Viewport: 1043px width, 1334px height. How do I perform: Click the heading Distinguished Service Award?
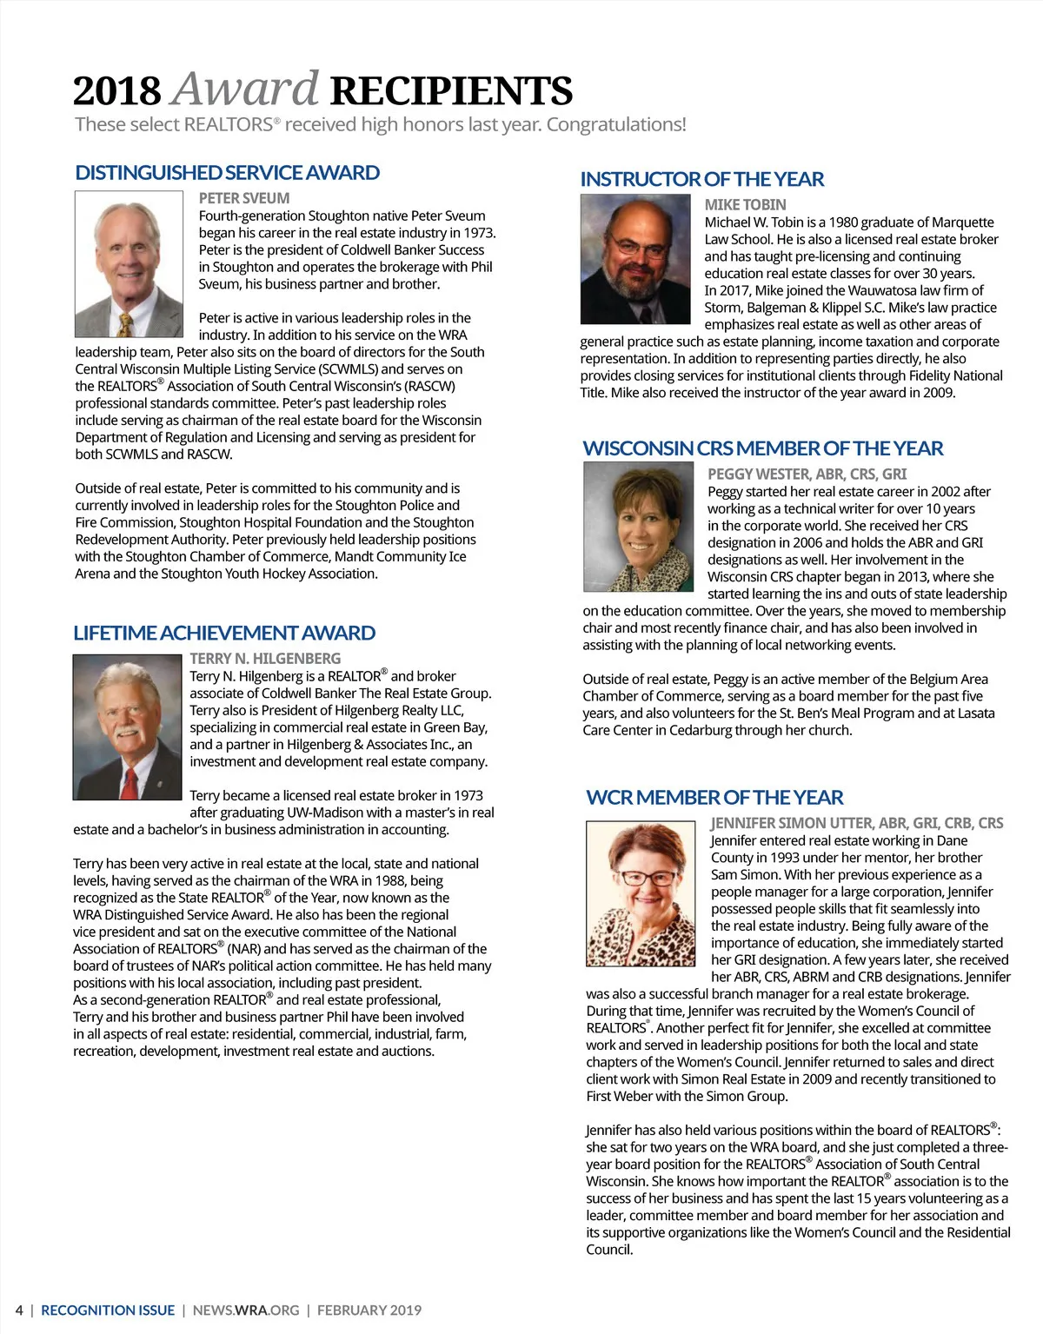(x=227, y=173)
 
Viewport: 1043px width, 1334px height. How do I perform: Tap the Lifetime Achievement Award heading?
(x=224, y=634)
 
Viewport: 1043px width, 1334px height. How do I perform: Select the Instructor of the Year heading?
(x=701, y=180)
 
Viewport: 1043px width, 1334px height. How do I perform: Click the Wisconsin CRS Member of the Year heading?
(x=762, y=449)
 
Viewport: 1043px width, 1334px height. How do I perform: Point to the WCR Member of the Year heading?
(x=714, y=798)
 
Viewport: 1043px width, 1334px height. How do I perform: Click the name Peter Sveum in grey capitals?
(x=244, y=198)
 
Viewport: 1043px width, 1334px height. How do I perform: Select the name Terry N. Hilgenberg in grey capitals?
(x=265, y=659)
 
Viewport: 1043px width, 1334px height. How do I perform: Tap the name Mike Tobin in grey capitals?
(x=745, y=205)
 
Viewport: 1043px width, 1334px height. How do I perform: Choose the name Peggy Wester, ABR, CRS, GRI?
(x=807, y=475)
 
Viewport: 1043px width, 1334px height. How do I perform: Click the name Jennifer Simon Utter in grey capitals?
(x=856, y=823)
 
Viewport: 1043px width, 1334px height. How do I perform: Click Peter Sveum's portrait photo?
(x=129, y=264)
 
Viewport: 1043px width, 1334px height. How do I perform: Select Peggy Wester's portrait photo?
(x=639, y=527)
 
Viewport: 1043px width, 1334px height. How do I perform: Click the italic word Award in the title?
(x=246, y=90)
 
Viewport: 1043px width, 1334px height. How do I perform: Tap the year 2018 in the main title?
(x=117, y=91)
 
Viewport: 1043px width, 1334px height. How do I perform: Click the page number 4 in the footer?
(x=19, y=1311)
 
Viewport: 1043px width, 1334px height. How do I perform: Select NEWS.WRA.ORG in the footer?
(x=246, y=1311)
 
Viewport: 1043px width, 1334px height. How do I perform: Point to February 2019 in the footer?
(x=369, y=1311)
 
